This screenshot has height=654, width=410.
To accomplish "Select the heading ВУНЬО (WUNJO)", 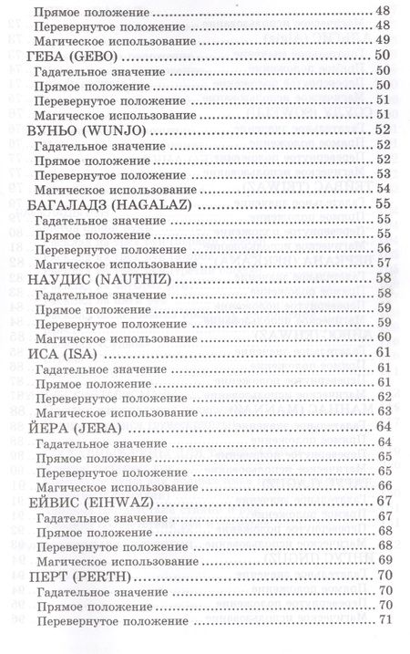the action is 76,130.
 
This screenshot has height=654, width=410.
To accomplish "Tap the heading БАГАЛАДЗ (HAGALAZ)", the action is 101,204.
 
